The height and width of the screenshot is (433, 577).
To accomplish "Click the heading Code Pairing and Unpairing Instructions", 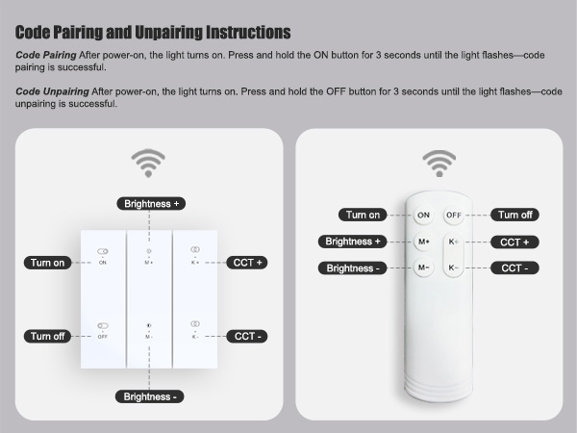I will click(x=153, y=33).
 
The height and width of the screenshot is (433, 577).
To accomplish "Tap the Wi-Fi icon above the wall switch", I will click(x=148, y=164).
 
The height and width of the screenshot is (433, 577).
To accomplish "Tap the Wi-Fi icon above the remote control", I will click(x=439, y=164).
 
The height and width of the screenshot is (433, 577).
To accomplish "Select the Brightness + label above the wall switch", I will click(x=150, y=203).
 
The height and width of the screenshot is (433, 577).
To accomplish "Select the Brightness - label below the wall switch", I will click(x=150, y=396).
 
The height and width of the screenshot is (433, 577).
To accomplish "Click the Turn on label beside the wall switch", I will click(x=47, y=263).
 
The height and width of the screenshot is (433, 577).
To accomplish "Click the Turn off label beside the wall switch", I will click(x=47, y=336).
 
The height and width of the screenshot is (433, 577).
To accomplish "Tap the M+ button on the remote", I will click(x=423, y=242).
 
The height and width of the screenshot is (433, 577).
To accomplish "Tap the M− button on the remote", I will click(x=423, y=267).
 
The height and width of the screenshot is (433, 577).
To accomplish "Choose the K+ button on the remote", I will click(x=454, y=242).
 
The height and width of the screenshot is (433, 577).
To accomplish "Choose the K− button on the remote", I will click(x=454, y=267).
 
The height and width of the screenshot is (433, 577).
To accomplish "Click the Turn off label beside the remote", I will click(x=514, y=215).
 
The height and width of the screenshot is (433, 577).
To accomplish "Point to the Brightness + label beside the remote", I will click(x=354, y=242).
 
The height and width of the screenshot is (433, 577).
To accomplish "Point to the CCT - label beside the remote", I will click(x=514, y=267).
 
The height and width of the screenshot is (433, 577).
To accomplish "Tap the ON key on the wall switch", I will click(x=102, y=257).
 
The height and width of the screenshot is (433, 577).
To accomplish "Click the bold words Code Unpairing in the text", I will click(x=53, y=90).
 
